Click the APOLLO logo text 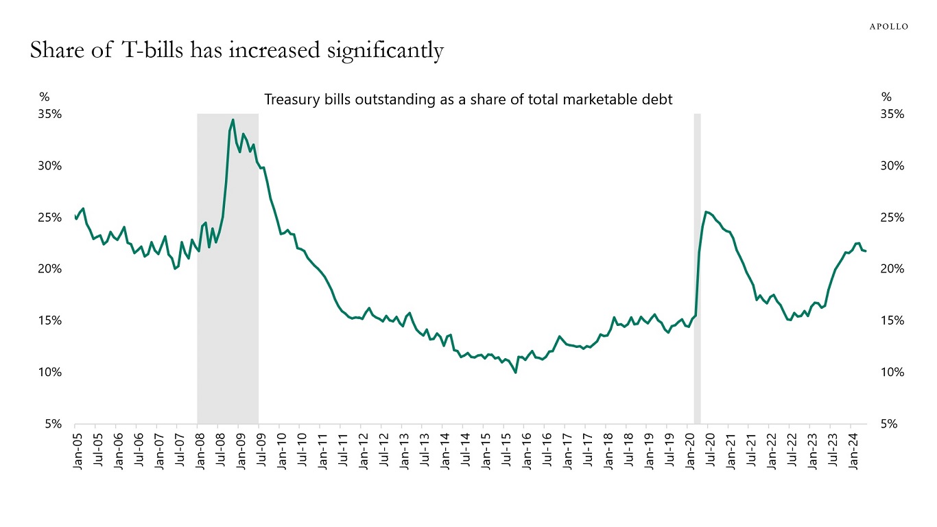(x=889, y=27)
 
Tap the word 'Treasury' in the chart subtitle (x=292, y=99)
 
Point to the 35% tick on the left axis (x=50, y=115)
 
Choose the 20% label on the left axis (x=50, y=269)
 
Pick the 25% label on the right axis (x=891, y=218)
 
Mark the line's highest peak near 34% (x=233, y=120)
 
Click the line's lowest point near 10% (x=515, y=373)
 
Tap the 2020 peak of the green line (x=707, y=211)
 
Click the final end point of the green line (x=866, y=251)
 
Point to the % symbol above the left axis (x=44, y=97)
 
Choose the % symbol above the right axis (x=886, y=97)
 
